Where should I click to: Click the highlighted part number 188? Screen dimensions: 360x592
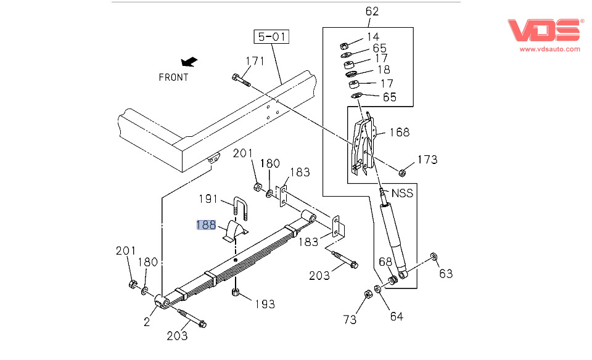(206, 225)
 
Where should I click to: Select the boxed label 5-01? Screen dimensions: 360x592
(272, 38)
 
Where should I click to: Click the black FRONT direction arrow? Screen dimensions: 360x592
(189, 62)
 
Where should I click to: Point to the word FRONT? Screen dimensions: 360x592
(173, 78)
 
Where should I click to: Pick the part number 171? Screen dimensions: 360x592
(255, 61)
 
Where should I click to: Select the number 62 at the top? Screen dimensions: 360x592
(372, 11)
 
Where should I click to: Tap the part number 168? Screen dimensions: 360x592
(398, 132)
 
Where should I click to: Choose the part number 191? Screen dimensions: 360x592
(208, 199)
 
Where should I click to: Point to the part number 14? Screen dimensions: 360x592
(372, 37)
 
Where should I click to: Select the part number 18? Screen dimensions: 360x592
(383, 70)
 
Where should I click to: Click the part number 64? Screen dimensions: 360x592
(396, 316)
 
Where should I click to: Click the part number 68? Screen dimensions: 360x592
(385, 263)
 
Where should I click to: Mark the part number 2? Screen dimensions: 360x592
(147, 321)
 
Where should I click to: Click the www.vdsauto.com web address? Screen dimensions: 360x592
(549, 48)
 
